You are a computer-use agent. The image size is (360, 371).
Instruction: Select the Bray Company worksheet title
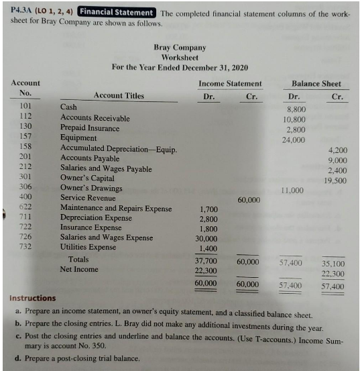[179, 48]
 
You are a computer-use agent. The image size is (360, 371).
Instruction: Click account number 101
[26, 106]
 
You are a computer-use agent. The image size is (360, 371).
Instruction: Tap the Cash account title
[68, 107]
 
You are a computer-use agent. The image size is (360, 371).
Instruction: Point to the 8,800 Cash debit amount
[296, 108]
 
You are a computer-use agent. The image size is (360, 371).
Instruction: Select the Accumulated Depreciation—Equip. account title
[119, 149]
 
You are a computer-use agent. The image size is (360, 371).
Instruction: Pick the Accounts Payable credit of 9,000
[337, 160]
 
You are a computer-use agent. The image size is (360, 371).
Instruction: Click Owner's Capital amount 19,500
[335, 180]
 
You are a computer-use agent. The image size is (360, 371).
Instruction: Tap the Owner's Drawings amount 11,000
[292, 191]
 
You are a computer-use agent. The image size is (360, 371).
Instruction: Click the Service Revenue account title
[88, 198]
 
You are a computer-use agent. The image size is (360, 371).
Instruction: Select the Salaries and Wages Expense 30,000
[206, 238]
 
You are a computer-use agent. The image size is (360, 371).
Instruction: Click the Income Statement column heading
[230, 83]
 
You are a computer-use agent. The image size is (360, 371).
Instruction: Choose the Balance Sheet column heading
[316, 83]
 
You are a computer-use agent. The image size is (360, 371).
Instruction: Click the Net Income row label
[79, 269]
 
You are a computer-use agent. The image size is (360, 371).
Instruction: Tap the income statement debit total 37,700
[206, 261]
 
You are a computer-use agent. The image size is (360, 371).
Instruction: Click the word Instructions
[33, 298]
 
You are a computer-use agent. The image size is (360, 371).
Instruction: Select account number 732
[26, 246]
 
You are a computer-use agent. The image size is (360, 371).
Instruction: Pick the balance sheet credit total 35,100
[333, 263]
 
